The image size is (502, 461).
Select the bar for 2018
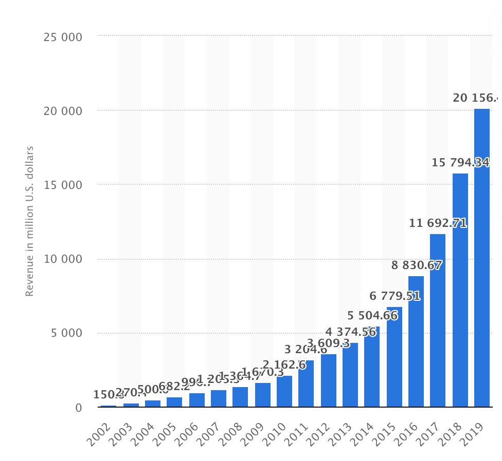[460, 290]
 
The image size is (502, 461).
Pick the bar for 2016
[416, 341]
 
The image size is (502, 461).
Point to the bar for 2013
[350, 375]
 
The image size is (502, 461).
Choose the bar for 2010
[284, 391]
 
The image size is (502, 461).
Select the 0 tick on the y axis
[78, 408]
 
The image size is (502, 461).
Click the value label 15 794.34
[460, 163]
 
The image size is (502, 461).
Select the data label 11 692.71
[438, 223]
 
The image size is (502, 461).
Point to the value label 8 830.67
[416, 265]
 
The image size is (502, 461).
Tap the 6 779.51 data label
[395, 296]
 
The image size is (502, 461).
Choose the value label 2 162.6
[284, 365]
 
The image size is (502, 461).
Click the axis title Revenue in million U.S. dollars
[29, 221]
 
